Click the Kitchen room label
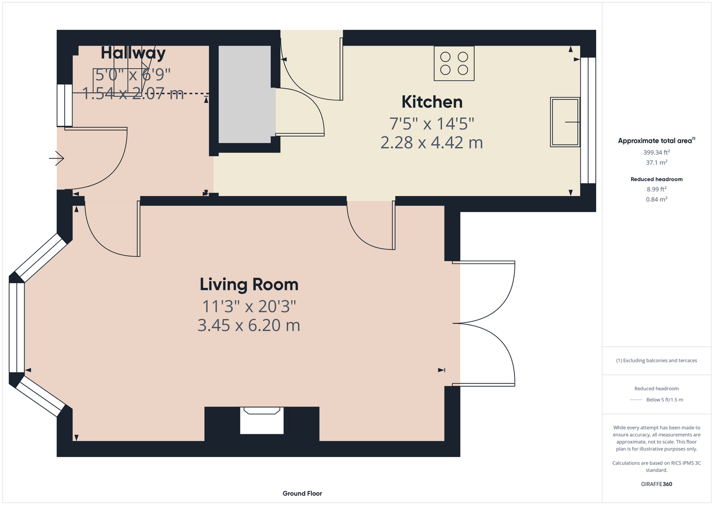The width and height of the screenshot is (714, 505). pyautogui.click(x=432, y=102)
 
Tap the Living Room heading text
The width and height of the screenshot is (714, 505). pyautogui.click(x=249, y=284)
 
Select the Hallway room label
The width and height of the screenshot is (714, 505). pyautogui.click(x=133, y=53)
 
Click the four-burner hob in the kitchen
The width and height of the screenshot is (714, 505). pyautogui.click(x=454, y=63)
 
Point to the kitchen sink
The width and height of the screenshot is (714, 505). pyautogui.click(x=565, y=122)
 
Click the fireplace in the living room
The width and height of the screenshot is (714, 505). pyautogui.click(x=262, y=420)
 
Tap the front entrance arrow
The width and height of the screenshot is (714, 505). pyautogui.click(x=57, y=158)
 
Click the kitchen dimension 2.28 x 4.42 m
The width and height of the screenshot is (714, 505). pyautogui.click(x=432, y=143)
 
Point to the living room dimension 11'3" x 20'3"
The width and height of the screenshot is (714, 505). pyautogui.click(x=249, y=307)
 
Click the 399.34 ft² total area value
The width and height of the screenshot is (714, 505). pyautogui.click(x=656, y=153)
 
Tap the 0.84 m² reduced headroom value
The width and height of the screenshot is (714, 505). pyautogui.click(x=656, y=199)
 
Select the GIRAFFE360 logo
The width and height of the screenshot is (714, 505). pyautogui.click(x=656, y=484)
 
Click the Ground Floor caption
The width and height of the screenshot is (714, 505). pyautogui.click(x=302, y=493)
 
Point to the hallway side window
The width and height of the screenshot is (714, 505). pyautogui.click(x=65, y=105)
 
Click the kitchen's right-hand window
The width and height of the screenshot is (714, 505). pyautogui.click(x=588, y=120)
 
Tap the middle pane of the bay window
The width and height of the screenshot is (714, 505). pyautogui.click(x=17, y=328)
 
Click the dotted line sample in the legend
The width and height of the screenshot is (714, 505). pyautogui.click(x=636, y=399)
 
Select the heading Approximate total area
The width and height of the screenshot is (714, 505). pyautogui.click(x=655, y=141)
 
